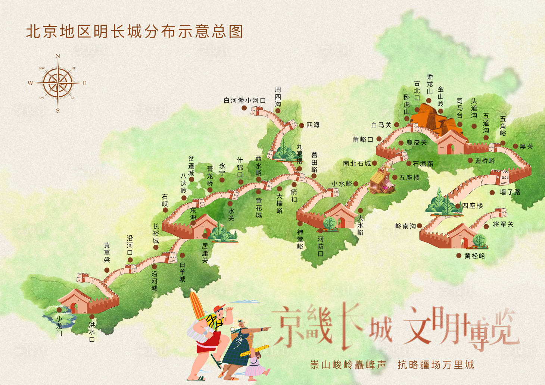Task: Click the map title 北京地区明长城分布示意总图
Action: coord(134,32)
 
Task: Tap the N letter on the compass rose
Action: coord(57,56)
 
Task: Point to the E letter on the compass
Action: coord(84,83)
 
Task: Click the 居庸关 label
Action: coord(205,253)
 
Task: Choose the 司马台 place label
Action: coord(460,108)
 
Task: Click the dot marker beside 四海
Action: coord(302,125)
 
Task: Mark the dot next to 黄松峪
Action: coord(459,256)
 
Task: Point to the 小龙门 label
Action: coord(59,326)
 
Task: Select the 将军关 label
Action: coord(503,224)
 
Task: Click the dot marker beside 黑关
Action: coord(516,146)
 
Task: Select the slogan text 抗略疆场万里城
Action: coord(436,364)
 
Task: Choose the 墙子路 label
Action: coord(510,192)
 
